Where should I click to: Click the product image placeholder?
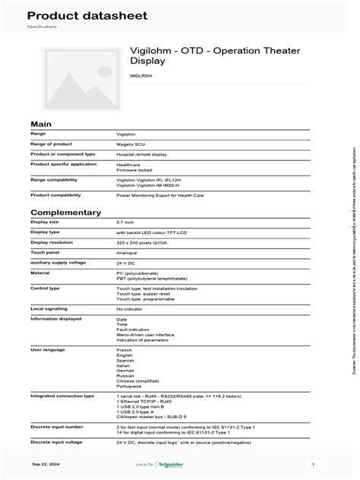74,78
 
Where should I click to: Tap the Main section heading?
40,123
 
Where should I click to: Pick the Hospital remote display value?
141,153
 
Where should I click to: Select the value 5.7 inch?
126,222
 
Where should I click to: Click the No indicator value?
130,310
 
